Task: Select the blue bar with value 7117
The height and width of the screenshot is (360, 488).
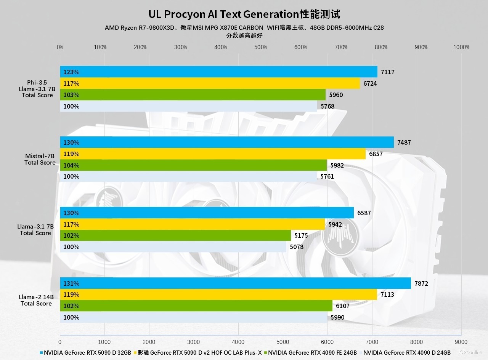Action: pyautogui.click(x=218, y=72)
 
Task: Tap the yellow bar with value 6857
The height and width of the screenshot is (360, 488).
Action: pyautogui.click(x=213, y=154)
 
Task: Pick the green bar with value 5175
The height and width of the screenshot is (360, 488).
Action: pyautogui.click(x=175, y=235)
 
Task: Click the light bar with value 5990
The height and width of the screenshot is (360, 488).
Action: pyautogui.click(x=194, y=317)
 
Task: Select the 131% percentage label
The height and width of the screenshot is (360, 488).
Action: pyautogui.click(x=71, y=283)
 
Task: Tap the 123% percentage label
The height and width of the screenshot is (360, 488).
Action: pyautogui.click(x=71, y=72)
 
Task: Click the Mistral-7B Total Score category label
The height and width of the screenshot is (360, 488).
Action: pyautogui.click(x=40, y=159)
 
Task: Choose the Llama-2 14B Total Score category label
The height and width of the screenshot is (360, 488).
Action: pyautogui.click(x=36, y=300)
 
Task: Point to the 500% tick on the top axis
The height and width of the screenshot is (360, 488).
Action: pyautogui.click(x=261, y=47)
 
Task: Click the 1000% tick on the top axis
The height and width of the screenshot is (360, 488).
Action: pyautogui.click(x=461, y=47)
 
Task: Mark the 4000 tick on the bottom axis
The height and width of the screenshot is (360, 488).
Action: pyautogui.click(x=238, y=342)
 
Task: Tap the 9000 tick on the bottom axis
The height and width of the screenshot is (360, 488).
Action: pyautogui.click(x=461, y=342)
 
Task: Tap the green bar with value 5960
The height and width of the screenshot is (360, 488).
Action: pyautogui.click(x=193, y=95)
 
